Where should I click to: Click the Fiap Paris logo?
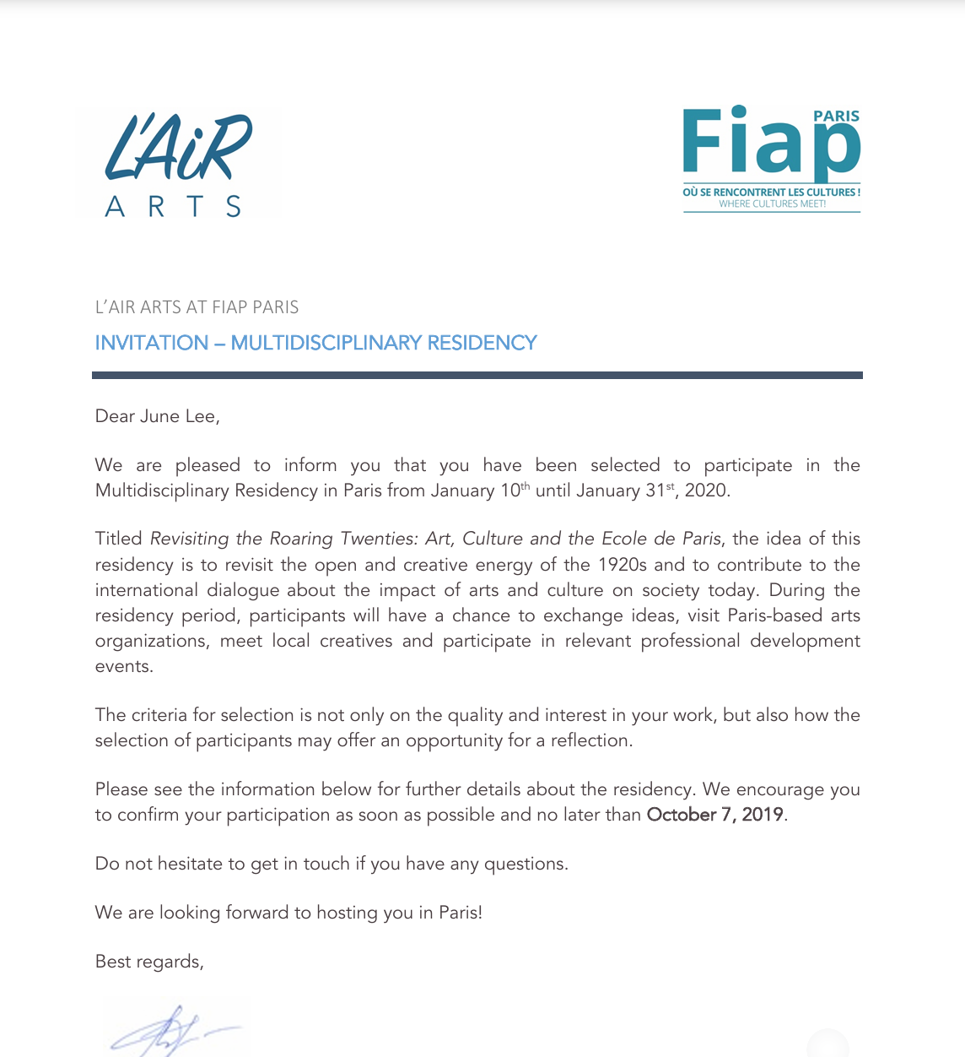[771, 158]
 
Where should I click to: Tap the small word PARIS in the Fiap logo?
[836, 117]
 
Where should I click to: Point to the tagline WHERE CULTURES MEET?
[772, 204]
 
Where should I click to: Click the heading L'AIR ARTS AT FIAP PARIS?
[197, 307]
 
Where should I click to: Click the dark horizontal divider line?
[477, 375]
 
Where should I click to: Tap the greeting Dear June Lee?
[157, 416]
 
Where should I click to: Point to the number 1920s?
[623, 565]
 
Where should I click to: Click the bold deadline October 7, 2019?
[714, 815]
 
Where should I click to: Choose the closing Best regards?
[149, 962]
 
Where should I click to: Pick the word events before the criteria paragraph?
[123, 666]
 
